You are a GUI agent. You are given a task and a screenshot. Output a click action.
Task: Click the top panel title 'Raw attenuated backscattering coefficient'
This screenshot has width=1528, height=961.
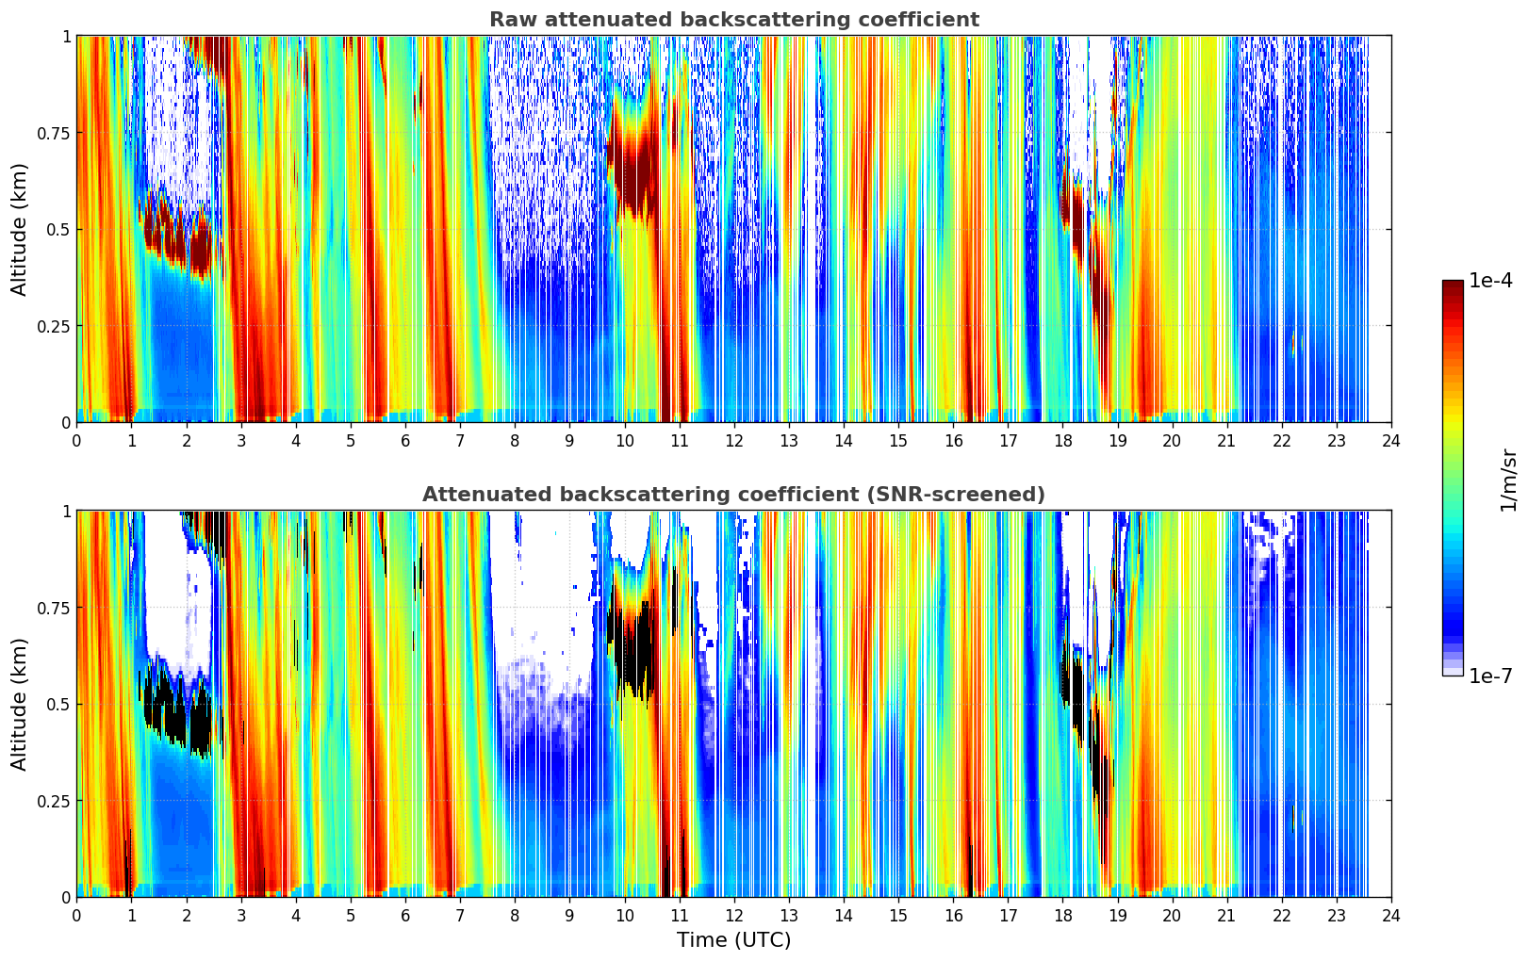(x=733, y=20)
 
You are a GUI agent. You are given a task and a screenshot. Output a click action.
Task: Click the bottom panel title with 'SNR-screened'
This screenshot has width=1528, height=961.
(x=733, y=495)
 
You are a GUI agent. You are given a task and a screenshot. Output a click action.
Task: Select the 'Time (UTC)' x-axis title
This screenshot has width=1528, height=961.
(x=733, y=940)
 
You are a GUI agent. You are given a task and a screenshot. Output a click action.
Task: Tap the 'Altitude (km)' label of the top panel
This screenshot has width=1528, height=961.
(x=20, y=229)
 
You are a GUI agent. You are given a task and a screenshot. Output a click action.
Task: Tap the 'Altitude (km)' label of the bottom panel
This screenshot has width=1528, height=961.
(x=20, y=704)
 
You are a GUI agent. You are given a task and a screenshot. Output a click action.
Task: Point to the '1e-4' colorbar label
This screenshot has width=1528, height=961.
(x=1490, y=281)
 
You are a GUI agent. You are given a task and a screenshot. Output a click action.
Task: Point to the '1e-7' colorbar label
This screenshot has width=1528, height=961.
(x=1490, y=676)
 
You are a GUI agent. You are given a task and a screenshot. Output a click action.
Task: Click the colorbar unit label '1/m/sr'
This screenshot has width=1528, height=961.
(x=1508, y=480)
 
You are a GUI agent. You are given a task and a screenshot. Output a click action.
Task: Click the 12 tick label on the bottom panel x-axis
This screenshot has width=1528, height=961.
(x=733, y=916)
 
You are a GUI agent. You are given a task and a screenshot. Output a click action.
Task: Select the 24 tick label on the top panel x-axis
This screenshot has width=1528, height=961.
(x=1390, y=441)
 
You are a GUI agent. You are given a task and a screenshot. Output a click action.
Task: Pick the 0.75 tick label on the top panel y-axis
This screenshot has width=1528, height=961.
(x=53, y=133)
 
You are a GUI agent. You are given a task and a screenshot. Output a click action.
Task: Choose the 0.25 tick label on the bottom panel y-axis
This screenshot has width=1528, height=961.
(x=53, y=801)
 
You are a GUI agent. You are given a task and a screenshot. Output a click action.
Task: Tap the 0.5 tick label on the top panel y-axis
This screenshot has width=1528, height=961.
(x=58, y=229)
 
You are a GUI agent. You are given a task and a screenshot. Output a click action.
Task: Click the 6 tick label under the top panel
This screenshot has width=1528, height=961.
(x=405, y=441)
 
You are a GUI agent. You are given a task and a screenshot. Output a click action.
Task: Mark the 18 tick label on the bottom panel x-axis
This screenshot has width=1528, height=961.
(x=1062, y=916)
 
